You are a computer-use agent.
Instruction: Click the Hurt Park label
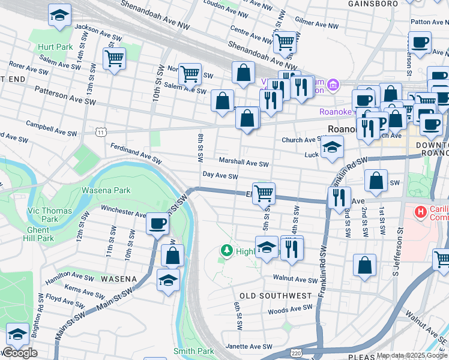pos(54,46)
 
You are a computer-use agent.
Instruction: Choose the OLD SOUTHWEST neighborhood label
pos(276,296)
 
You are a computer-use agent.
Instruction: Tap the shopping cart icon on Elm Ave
pos(264,193)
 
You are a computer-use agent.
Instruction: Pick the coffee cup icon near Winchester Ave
pos(158,223)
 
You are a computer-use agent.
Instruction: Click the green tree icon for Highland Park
pos(226,250)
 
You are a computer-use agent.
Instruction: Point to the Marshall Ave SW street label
pos(243,163)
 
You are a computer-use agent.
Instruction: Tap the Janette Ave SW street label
pos(249,347)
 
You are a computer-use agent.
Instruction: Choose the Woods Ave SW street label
pos(290,310)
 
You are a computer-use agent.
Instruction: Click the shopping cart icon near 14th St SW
pos(113,59)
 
